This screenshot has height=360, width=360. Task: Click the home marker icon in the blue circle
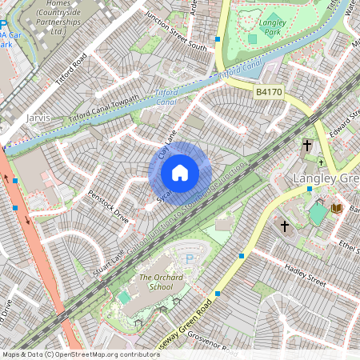[180, 172]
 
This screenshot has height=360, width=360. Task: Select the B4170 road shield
[270, 94]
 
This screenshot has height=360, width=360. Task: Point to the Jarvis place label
[38, 118]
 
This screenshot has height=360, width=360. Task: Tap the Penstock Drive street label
[109, 206]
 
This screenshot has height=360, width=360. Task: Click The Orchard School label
[155, 282]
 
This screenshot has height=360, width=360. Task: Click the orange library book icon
[335, 208]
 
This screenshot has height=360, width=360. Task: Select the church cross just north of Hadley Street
[284, 226]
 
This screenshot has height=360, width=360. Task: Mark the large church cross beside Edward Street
[307, 146]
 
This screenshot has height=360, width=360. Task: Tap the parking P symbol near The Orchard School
[189, 259]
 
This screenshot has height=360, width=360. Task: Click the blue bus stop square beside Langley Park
[217, 38]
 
